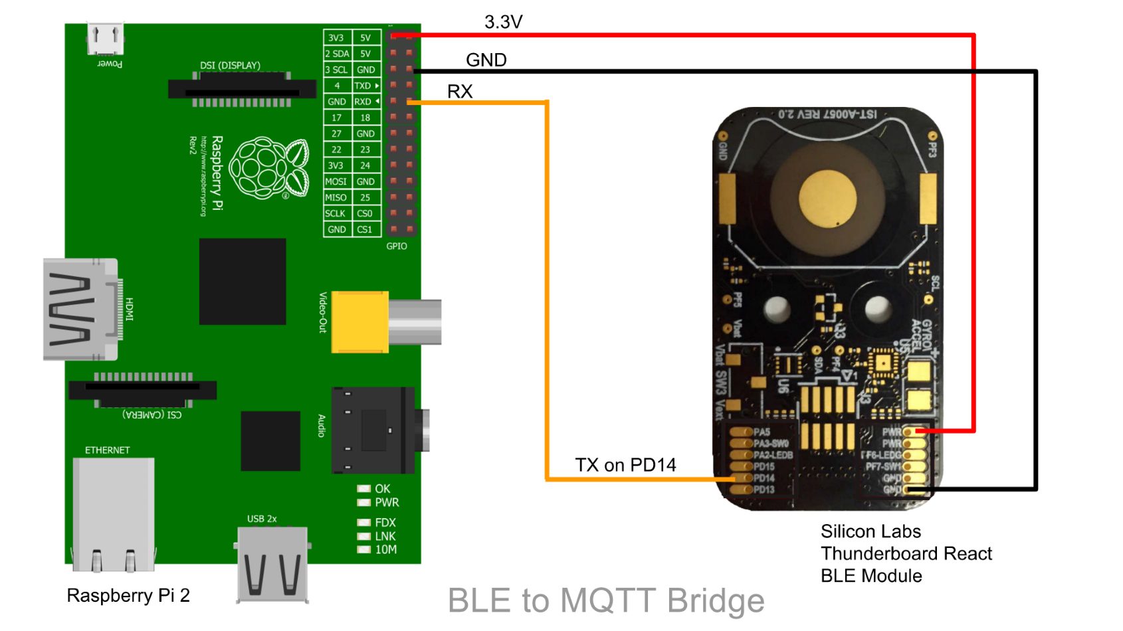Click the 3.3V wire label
click(503, 22)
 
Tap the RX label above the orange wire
click(460, 91)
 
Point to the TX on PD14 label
click(625, 464)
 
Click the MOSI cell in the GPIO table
click(336, 181)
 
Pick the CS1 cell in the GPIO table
click(365, 229)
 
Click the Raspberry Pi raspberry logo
click(269, 169)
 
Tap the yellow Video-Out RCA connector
click(359, 321)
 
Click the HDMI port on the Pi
click(80, 310)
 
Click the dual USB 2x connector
click(272, 565)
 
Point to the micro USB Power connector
click(106, 39)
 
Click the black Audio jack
click(372, 430)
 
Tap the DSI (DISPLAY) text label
click(230, 65)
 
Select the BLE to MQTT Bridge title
click(605, 600)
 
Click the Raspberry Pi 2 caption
click(128, 595)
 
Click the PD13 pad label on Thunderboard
click(764, 490)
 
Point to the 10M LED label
click(385, 549)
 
